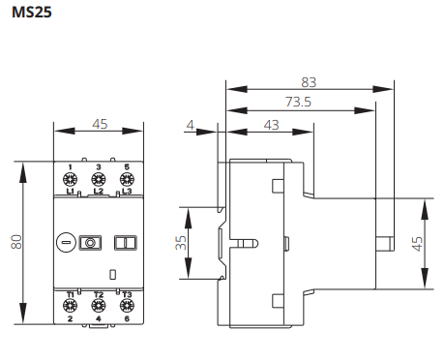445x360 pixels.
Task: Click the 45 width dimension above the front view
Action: click(99, 124)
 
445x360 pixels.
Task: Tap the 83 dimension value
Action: click(309, 82)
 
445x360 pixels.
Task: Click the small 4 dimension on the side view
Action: click(191, 124)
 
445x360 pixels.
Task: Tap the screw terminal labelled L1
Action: click(71, 179)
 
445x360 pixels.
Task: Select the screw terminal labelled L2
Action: click(98, 179)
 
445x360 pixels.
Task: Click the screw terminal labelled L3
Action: click(126, 179)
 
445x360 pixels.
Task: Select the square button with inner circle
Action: click(90, 242)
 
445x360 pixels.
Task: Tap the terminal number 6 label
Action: click(126, 318)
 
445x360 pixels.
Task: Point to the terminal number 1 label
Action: click(71, 167)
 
